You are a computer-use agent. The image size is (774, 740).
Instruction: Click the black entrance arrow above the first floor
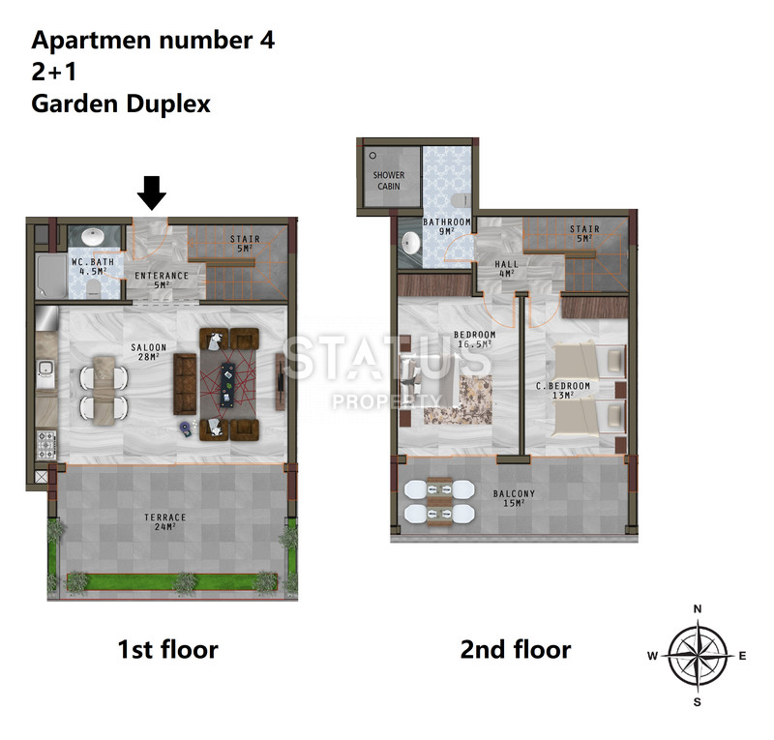pos(152,192)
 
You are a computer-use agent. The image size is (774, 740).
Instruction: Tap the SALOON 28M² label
pos(149,352)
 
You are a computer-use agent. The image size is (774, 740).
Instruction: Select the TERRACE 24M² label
pos(164,521)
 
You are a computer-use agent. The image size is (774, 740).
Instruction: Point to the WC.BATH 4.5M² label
pos(93,267)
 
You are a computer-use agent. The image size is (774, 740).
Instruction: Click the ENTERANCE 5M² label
pos(162,280)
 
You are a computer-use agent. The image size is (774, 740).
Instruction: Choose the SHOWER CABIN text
pos(389,181)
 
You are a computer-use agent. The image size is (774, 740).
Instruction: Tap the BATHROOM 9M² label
pos(447,226)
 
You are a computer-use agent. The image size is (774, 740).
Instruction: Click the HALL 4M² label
pos(506,269)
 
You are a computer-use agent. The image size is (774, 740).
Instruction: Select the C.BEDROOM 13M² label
pos(563,390)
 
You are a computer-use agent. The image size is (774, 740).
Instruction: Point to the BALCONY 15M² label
pos(514,498)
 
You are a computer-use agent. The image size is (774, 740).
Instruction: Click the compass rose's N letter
pos(698,609)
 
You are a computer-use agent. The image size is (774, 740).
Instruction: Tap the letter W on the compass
pos(652,656)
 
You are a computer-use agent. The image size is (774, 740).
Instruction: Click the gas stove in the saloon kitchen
pos(46,445)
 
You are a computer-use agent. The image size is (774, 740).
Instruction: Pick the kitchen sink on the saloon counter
pos(45,369)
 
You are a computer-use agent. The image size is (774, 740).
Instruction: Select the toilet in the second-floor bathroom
pos(461,200)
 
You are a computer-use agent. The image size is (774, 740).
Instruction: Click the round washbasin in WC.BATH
pos(92,236)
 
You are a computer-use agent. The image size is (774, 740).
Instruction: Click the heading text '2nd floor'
pos(516,649)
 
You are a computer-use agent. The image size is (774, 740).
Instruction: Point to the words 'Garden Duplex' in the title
pos(121,104)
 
